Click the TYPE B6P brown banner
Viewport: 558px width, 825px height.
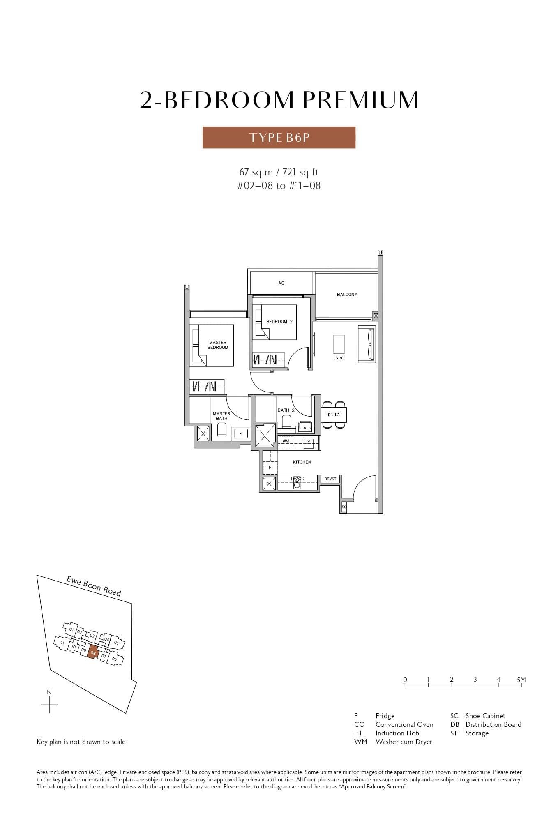click(x=279, y=137)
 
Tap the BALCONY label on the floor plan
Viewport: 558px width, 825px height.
click(x=347, y=295)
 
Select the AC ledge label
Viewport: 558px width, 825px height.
click(x=281, y=283)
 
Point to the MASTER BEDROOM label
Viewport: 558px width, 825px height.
click(x=217, y=345)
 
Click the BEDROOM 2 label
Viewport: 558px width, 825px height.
click(x=279, y=322)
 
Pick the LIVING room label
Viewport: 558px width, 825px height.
click(x=339, y=358)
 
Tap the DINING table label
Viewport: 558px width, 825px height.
click(x=334, y=415)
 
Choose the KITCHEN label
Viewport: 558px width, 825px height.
click(x=302, y=462)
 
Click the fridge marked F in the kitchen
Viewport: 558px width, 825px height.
click(x=270, y=468)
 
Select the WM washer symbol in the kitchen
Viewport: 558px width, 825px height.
click(x=286, y=441)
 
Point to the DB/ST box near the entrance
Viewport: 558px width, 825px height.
click(x=330, y=479)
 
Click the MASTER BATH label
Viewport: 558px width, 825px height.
click(x=221, y=416)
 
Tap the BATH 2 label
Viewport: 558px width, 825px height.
click(x=286, y=410)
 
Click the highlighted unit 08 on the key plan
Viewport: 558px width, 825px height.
click(x=93, y=652)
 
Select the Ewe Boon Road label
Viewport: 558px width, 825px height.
click(x=94, y=586)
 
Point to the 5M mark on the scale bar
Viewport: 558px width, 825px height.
click(x=521, y=680)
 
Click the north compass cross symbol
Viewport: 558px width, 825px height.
click(x=49, y=705)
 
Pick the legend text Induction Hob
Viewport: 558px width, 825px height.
click(x=397, y=733)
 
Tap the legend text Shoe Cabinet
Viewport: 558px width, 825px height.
click(x=485, y=716)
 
